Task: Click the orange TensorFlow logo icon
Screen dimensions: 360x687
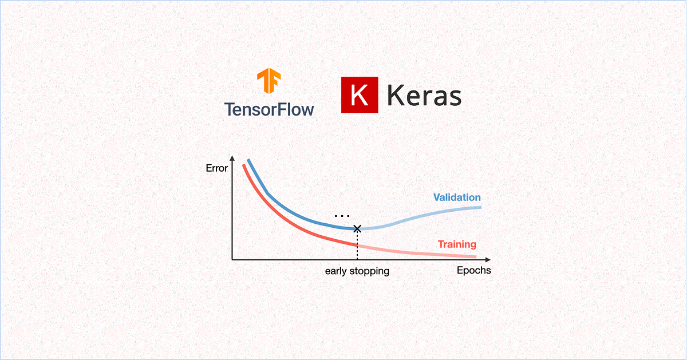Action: (268, 82)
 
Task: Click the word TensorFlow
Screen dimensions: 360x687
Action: (269, 109)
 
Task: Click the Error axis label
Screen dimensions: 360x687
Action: (216, 168)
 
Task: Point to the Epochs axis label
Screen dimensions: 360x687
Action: (473, 270)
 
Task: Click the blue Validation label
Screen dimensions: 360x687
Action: (457, 197)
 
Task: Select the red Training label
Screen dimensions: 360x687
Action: (457, 244)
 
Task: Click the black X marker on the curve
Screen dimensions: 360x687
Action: (357, 228)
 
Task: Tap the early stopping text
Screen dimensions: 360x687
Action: (357, 271)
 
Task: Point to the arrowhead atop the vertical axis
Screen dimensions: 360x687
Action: (232, 158)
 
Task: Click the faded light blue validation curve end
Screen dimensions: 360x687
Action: (478, 207)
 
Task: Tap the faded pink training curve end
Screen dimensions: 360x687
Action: (474, 256)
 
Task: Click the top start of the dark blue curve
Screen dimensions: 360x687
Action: (248, 160)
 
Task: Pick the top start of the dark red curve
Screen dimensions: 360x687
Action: (244, 166)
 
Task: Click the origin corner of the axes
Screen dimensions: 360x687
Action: (232, 259)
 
